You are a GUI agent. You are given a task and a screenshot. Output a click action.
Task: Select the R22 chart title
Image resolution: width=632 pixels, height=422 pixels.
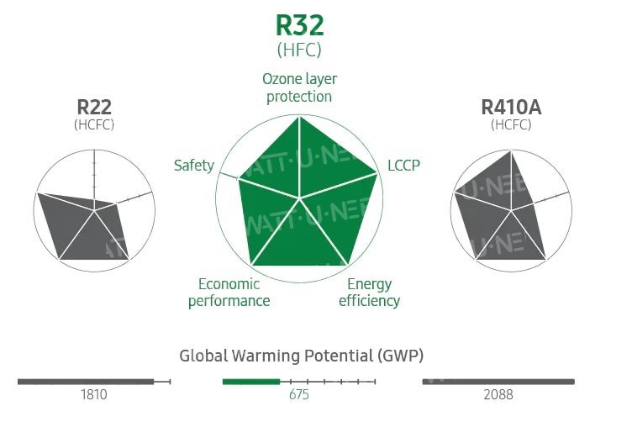(x=94, y=107)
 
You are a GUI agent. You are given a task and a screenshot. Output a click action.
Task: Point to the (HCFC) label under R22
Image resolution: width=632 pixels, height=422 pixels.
(x=94, y=124)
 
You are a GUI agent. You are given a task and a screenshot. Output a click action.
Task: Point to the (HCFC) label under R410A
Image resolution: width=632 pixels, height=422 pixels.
(x=510, y=124)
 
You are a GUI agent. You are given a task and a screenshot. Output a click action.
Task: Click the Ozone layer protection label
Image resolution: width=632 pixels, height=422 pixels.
(x=299, y=87)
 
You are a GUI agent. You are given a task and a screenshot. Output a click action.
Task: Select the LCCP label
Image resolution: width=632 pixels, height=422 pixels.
(x=403, y=165)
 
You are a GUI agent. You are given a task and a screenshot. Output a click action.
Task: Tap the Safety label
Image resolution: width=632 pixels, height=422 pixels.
(x=193, y=165)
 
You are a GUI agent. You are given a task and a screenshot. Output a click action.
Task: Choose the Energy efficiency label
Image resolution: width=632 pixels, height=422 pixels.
(x=369, y=292)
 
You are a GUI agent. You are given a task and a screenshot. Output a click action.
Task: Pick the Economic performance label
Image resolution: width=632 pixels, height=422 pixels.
(x=229, y=292)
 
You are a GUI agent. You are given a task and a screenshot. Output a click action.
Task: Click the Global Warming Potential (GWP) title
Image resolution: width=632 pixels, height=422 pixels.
(x=301, y=355)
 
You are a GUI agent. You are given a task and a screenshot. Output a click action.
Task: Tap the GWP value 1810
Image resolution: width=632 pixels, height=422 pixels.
(x=94, y=394)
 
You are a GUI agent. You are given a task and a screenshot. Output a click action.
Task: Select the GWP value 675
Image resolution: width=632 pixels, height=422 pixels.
(x=300, y=394)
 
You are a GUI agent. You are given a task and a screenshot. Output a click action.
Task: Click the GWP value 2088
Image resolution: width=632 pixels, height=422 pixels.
(x=498, y=394)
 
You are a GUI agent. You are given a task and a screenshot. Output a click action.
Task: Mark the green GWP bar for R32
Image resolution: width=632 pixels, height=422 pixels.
(x=250, y=382)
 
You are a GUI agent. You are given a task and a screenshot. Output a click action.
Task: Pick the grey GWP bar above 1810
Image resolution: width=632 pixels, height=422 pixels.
(x=85, y=382)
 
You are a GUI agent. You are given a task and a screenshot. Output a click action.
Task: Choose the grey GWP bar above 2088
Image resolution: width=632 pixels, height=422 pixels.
(x=498, y=382)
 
